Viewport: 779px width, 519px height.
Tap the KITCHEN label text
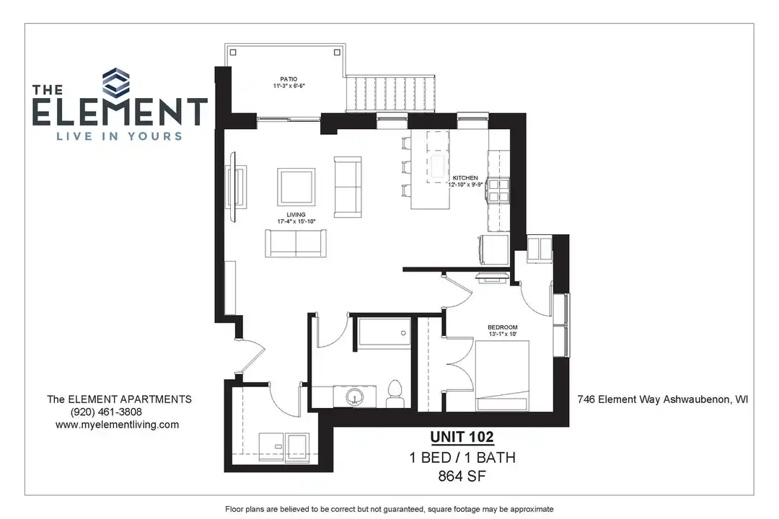tap(465, 177)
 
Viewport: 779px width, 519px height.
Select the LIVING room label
tap(296, 215)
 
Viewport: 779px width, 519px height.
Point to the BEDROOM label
tap(503, 327)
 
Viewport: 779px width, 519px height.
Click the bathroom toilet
tap(394, 391)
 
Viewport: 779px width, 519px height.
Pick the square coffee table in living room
tap(296, 186)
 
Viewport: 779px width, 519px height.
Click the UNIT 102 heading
tap(462, 437)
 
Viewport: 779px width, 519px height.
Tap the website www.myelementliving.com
tap(117, 425)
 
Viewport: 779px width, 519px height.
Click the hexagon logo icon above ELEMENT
tap(119, 81)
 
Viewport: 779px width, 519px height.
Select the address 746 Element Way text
tap(661, 399)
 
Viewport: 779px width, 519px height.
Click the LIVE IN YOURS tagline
tap(119, 136)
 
